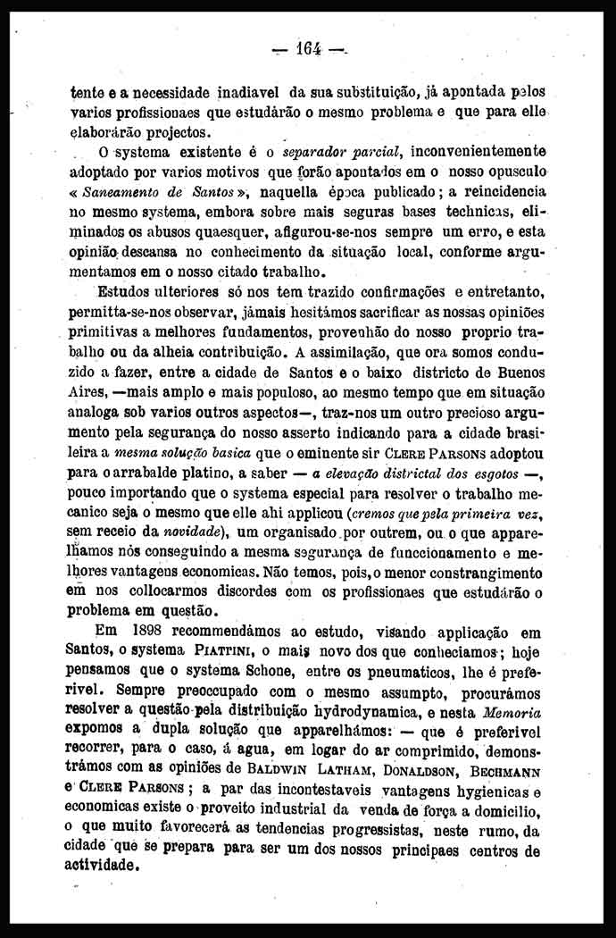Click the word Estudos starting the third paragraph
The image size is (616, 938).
coord(126,293)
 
